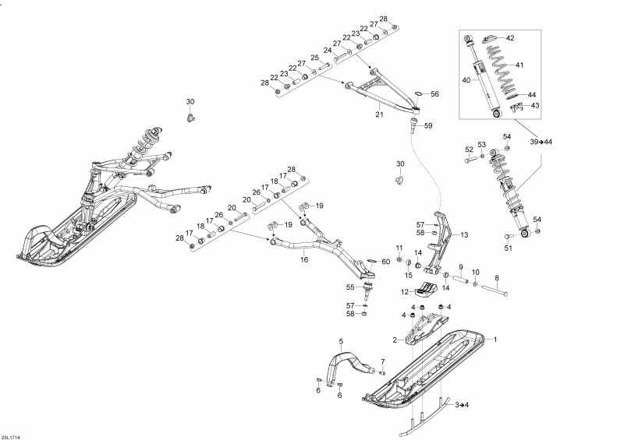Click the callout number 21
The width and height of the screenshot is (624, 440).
point(379,114)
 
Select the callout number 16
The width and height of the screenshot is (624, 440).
point(304,260)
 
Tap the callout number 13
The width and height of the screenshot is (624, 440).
point(464,235)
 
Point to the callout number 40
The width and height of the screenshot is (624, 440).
point(466,80)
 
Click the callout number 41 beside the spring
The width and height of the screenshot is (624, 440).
point(519,65)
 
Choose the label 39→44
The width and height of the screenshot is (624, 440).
point(541,142)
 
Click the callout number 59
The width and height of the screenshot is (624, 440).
point(428,125)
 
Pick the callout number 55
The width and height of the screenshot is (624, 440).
point(350,287)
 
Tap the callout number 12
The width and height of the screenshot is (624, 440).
point(405,292)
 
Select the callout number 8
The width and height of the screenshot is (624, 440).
point(497,278)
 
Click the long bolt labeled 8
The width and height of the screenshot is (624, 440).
point(495,290)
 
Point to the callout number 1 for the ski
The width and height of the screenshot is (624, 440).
point(495,340)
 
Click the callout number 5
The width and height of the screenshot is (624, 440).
point(341,340)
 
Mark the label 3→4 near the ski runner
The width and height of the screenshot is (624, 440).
point(462,405)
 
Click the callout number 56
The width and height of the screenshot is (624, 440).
point(435,94)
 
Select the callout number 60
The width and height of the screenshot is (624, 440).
point(386,262)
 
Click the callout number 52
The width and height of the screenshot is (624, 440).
point(470,150)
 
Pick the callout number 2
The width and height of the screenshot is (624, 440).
point(395,340)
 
